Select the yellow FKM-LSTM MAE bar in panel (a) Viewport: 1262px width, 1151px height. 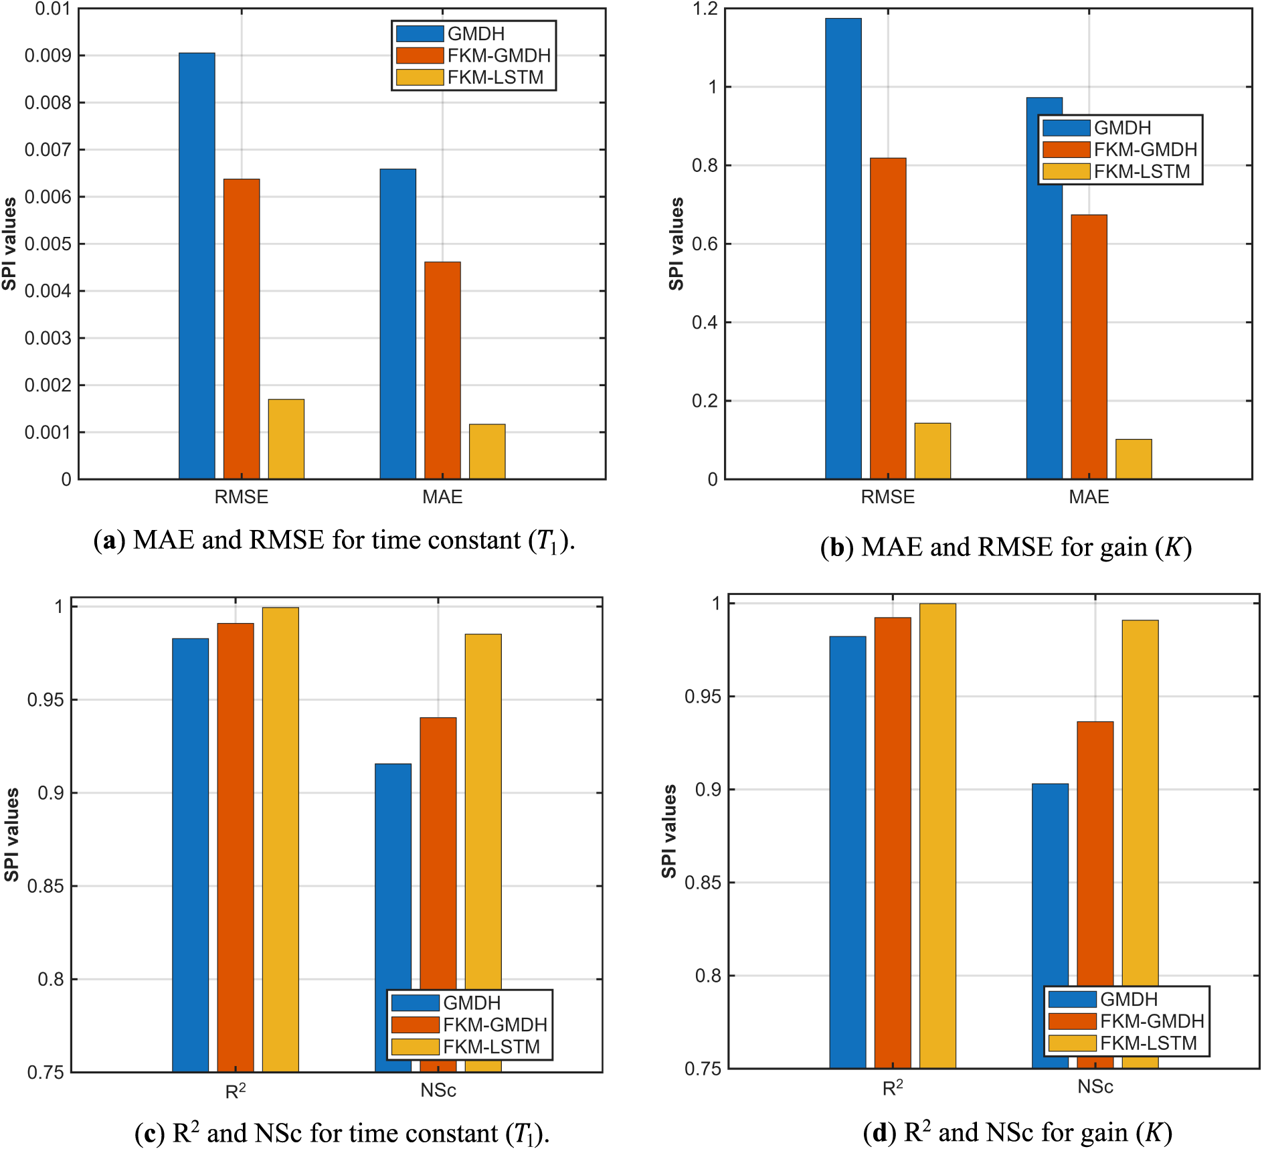click(487, 452)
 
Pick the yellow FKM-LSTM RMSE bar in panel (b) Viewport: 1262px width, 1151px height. click(933, 451)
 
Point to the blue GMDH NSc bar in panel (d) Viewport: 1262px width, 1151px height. click(1051, 883)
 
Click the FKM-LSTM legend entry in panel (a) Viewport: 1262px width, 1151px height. click(495, 78)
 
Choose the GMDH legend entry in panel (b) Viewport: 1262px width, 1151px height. click(1122, 128)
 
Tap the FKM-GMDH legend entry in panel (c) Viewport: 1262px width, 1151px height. click(495, 1025)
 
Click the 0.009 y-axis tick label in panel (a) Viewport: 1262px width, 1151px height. click(48, 56)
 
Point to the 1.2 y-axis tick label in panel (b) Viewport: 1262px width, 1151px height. click(705, 9)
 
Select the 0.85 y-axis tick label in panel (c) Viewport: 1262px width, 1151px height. click(46, 886)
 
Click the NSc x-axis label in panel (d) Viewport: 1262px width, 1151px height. click(1095, 1087)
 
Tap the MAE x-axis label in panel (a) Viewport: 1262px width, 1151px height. click(442, 497)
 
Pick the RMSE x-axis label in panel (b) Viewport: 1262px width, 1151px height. click(887, 497)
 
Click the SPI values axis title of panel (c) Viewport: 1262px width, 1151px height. click(11, 834)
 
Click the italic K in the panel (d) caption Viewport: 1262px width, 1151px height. click(1154, 1133)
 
